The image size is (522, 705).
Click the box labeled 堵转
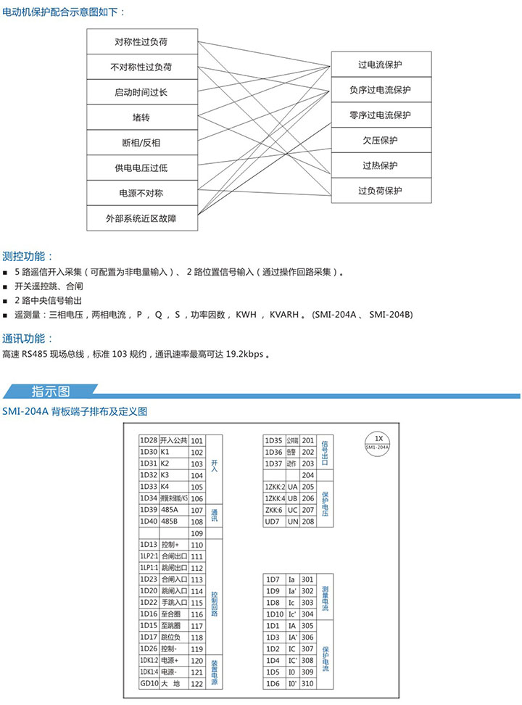pos(141,117)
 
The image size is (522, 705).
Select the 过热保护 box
pos(380,165)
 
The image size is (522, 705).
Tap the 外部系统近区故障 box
pos(141,218)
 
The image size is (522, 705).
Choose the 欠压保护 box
pos(380,140)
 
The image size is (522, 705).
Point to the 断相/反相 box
pos(141,142)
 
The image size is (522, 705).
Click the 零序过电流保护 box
pos(380,115)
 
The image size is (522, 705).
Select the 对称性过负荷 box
pos(141,41)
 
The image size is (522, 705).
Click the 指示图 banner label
pos(50,392)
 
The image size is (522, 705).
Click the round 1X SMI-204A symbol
pos(377,442)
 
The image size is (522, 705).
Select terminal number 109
pos(196,533)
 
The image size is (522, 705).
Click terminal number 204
pos(307,475)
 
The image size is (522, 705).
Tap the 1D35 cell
pos(273,440)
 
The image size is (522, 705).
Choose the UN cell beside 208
pos(293,521)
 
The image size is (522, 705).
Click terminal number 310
pos(307,683)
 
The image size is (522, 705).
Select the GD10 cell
pos(149,683)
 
